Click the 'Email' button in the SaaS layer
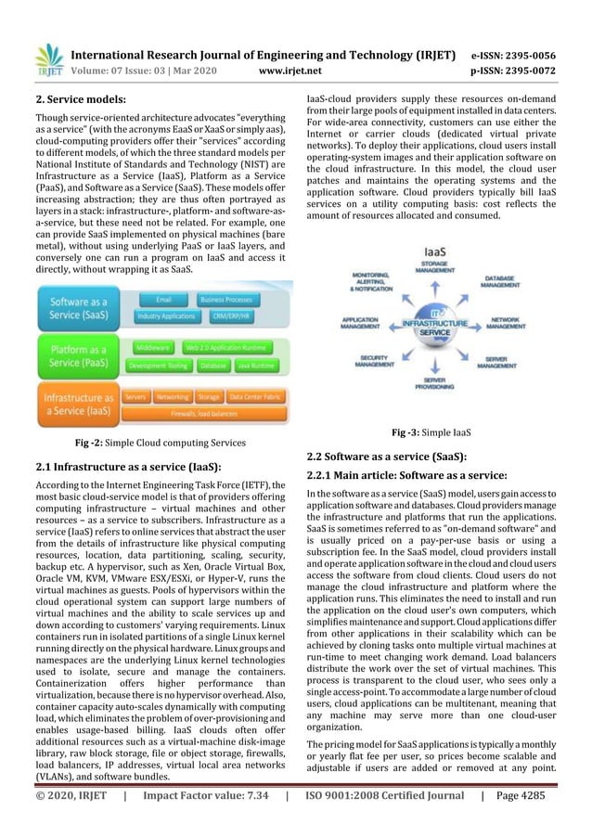point(163,300)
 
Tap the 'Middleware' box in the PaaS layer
point(152,346)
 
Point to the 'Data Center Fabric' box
point(255,396)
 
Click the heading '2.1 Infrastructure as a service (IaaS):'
point(127,466)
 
